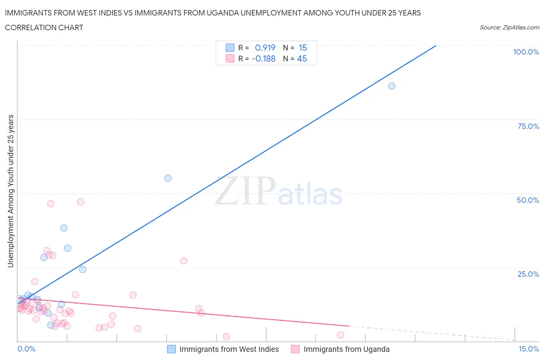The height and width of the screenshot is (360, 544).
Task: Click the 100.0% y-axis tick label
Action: click(526, 52)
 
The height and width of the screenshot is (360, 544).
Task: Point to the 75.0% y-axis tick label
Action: click(528, 126)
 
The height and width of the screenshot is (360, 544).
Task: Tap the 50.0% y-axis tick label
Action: click(528, 200)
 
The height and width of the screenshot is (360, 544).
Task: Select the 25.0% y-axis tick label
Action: click(528, 274)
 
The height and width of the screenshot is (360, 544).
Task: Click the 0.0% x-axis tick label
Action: click(26, 349)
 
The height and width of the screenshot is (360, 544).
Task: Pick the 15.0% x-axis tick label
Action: click(529, 349)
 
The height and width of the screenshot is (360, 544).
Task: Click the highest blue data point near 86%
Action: click(392, 86)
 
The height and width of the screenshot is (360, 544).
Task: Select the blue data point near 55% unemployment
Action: click(168, 178)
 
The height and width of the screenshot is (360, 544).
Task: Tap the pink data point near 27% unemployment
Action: click(184, 261)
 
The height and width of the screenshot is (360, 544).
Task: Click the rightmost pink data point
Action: click(340, 335)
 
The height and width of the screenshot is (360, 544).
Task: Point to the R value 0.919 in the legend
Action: click(265, 48)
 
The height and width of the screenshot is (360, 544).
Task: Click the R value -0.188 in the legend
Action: click(263, 58)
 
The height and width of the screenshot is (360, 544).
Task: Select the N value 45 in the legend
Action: click(302, 58)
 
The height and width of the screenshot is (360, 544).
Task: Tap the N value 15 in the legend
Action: click(303, 48)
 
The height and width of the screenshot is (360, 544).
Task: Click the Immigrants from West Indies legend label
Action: click(229, 349)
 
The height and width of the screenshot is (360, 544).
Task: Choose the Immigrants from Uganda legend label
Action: click(346, 349)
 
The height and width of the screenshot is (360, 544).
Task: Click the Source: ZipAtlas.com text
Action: click(509, 27)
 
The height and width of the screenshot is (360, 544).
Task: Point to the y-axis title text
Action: click(10, 191)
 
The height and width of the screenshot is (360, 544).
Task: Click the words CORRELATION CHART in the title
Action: click(44, 27)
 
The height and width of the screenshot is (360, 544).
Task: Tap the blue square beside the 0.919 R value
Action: click(230, 48)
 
